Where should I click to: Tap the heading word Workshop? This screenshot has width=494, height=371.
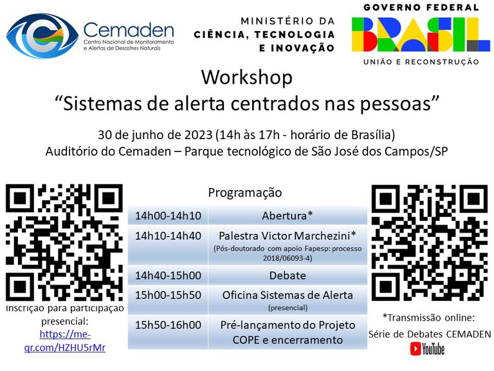coord(246,77)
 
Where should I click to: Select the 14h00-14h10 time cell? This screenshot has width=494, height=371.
coord(168,216)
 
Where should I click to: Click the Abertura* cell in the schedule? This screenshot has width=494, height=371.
coord(287,216)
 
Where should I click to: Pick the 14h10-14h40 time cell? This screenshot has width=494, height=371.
coord(168,236)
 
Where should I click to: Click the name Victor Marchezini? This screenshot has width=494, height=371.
coord(300,236)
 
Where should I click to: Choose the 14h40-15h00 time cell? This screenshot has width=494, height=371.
coord(168,275)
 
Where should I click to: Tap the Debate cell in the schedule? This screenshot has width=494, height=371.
coord(287,275)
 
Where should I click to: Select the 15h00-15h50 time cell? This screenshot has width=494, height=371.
coord(168,295)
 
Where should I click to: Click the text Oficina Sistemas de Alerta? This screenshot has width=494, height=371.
coord(287,295)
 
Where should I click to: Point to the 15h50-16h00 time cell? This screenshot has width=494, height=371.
coord(168,325)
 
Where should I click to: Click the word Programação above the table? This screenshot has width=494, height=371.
coord(244,193)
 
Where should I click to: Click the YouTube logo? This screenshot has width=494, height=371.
coord(427,349)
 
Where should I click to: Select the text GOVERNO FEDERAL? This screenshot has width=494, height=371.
coord(421,8)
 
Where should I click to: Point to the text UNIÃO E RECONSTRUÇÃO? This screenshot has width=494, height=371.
coord(421,62)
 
